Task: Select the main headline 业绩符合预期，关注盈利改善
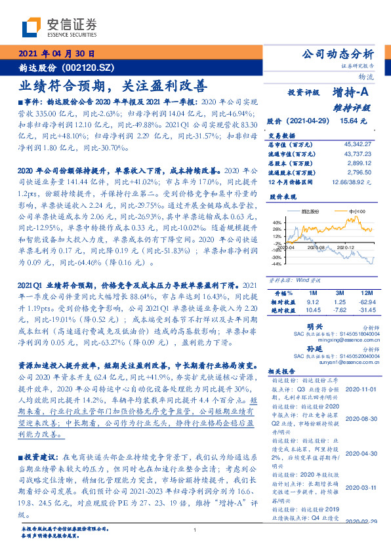(x=112, y=85)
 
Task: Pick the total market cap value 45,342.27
(x=358, y=143)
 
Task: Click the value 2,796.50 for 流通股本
(x=360, y=171)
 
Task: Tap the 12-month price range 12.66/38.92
(x=353, y=180)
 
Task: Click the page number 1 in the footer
(x=195, y=531)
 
